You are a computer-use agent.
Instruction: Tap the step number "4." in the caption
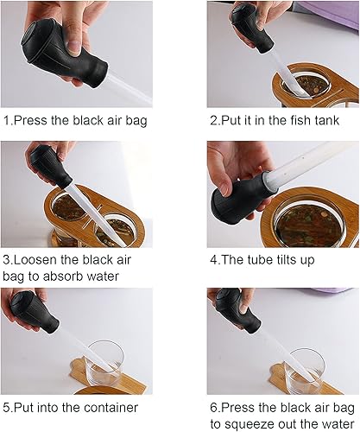(215, 260)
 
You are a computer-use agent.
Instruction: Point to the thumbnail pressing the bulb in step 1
(74, 47)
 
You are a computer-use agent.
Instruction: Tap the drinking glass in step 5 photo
(105, 365)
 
